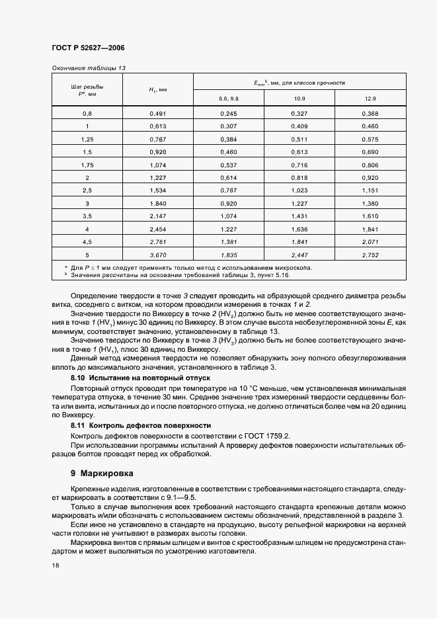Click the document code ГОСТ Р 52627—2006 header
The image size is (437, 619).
point(87,48)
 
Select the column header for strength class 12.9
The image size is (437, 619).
point(370,98)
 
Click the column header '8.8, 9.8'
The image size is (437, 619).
point(228,98)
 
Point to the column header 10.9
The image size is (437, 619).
point(299,98)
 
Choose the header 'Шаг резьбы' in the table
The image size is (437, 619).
point(87,87)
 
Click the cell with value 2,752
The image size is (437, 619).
point(370,255)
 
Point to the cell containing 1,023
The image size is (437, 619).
point(299,190)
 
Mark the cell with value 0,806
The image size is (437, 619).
point(370,165)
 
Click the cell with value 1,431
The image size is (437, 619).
point(299,216)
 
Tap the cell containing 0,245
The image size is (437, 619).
point(228,113)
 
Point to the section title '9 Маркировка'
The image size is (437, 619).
point(102,474)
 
